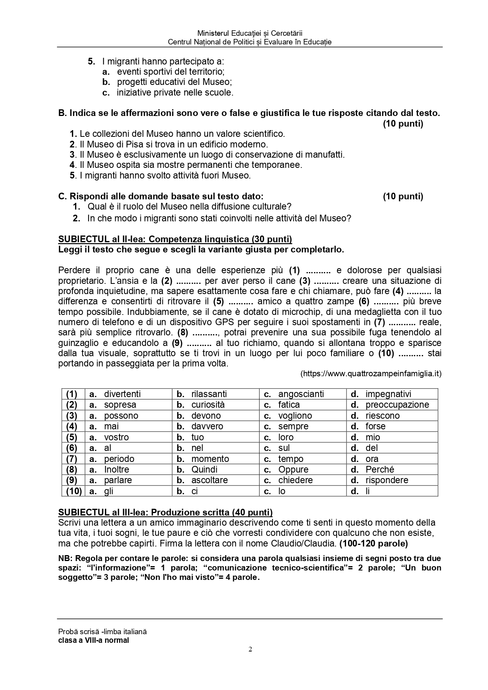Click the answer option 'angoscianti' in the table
(x=301, y=394)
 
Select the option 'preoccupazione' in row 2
(x=397, y=405)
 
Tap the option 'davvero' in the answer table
(x=207, y=426)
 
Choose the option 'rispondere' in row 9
(x=387, y=480)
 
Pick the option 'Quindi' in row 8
(x=204, y=469)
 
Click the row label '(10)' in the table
(x=74, y=491)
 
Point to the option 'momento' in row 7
(x=210, y=459)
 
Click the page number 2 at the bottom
(x=250, y=660)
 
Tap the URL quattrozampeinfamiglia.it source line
(x=371, y=374)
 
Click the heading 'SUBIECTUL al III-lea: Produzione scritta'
(x=165, y=512)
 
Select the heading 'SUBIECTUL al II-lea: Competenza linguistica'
(x=175, y=239)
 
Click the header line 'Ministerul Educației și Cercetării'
(x=250, y=34)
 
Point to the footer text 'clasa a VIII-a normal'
(x=94, y=640)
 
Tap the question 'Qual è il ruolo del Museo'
(x=189, y=206)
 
